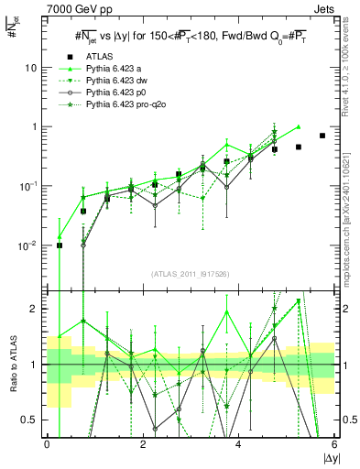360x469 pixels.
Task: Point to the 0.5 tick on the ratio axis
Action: [x=33, y=420]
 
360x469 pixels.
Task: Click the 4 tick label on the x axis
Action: [x=238, y=444]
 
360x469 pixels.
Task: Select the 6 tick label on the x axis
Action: [x=334, y=444]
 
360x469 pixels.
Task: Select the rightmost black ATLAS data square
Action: [x=322, y=136]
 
